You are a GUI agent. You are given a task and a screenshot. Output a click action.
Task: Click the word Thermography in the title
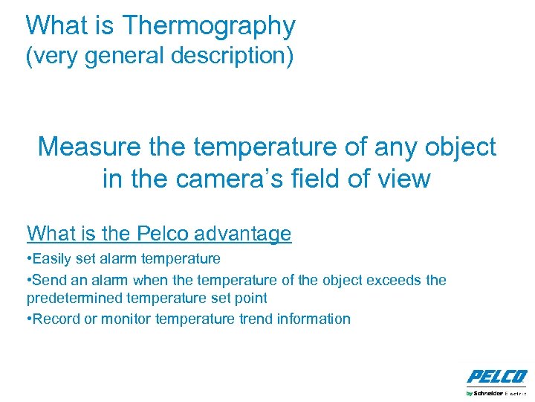click(209, 26)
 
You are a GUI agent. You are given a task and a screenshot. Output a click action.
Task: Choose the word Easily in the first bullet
click(52, 258)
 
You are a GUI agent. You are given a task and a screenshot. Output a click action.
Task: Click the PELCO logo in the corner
click(496, 376)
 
